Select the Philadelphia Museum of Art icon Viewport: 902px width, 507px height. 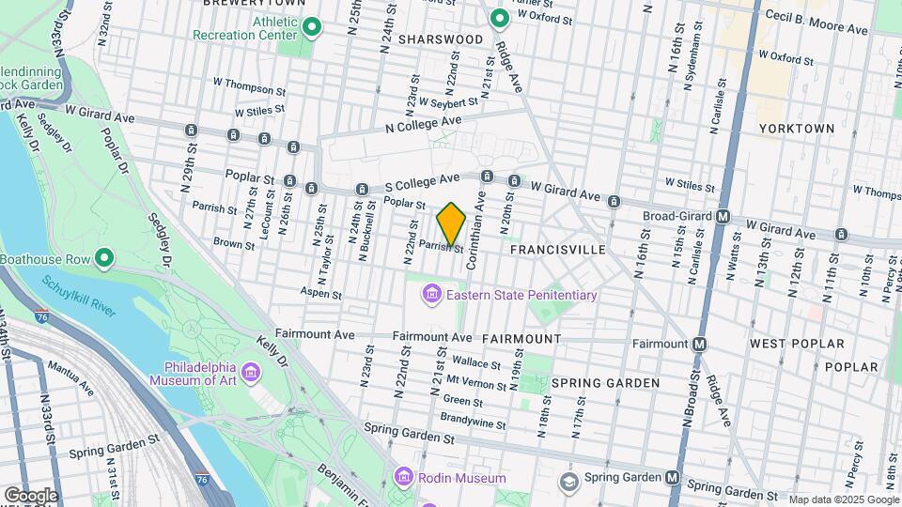(x=251, y=375)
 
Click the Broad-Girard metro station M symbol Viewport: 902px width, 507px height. (x=723, y=216)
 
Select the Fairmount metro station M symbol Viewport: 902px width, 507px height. (x=699, y=345)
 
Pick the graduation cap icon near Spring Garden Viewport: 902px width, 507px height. (x=568, y=483)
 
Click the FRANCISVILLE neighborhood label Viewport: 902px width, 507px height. (x=558, y=251)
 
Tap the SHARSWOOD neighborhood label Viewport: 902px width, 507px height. (x=440, y=39)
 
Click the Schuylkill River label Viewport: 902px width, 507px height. (x=80, y=297)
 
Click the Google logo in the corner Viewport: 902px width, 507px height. (x=30, y=495)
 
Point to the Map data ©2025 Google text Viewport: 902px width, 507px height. (x=843, y=499)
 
